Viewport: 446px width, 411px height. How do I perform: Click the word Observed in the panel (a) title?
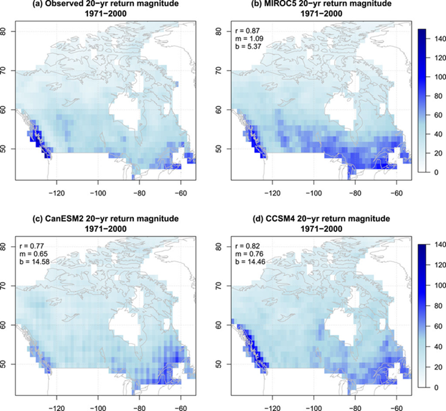(x=56, y=4)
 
